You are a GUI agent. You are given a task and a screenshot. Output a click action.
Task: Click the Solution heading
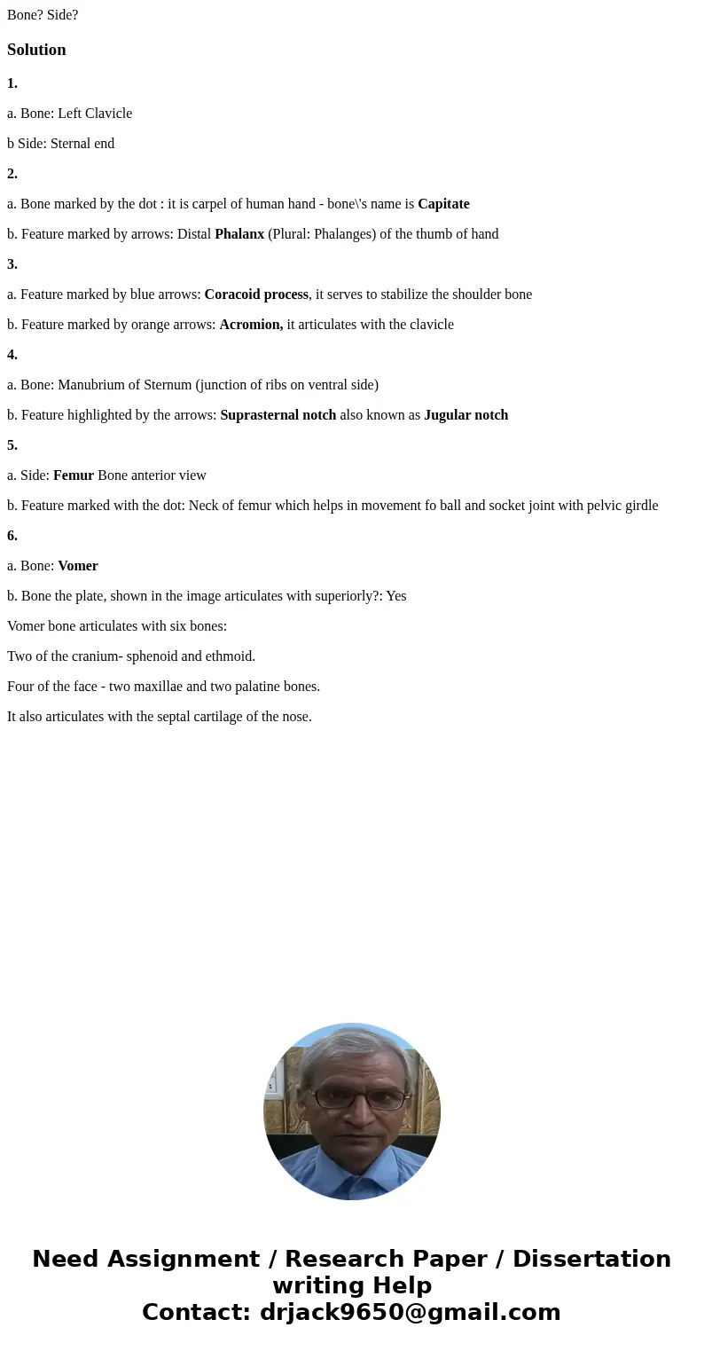pyautogui.click(x=36, y=50)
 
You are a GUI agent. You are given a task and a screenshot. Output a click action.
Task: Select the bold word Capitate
pyautogui.click(x=443, y=204)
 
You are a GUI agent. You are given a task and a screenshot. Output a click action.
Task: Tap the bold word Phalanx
pyautogui.click(x=239, y=234)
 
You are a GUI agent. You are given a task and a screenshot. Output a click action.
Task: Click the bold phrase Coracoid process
pyautogui.click(x=256, y=295)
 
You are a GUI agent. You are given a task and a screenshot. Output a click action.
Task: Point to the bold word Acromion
pyautogui.click(x=251, y=325)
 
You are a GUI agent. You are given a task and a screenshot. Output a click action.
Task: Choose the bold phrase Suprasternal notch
pyautogui.click(x=278, y=415)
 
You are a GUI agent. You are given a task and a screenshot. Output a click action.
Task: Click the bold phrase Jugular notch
pyautogui.click(x=465, y=415)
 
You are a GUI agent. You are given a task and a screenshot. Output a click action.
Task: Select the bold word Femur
pyautogui.click(x=74, y=475)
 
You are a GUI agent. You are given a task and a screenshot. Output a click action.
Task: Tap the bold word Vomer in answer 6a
pyautogui.click(x=78, y=566)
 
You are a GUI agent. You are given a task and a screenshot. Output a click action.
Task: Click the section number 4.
pyautogui.click(x=12, y=355)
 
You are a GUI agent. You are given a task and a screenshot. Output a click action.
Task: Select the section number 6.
pyautogui.click(x=12, y=536)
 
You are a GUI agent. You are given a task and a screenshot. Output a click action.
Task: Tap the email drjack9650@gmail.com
pyautogui.click(x=411, y=1312)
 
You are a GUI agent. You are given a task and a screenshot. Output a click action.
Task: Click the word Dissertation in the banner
pyautogui.click(x=591, y=1259)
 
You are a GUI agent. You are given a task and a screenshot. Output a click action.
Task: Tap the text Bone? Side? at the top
pyautogui.click(x=43, y=15)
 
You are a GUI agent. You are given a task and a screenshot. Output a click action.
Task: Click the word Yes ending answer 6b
pyautogui.click(x=395, y=596)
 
